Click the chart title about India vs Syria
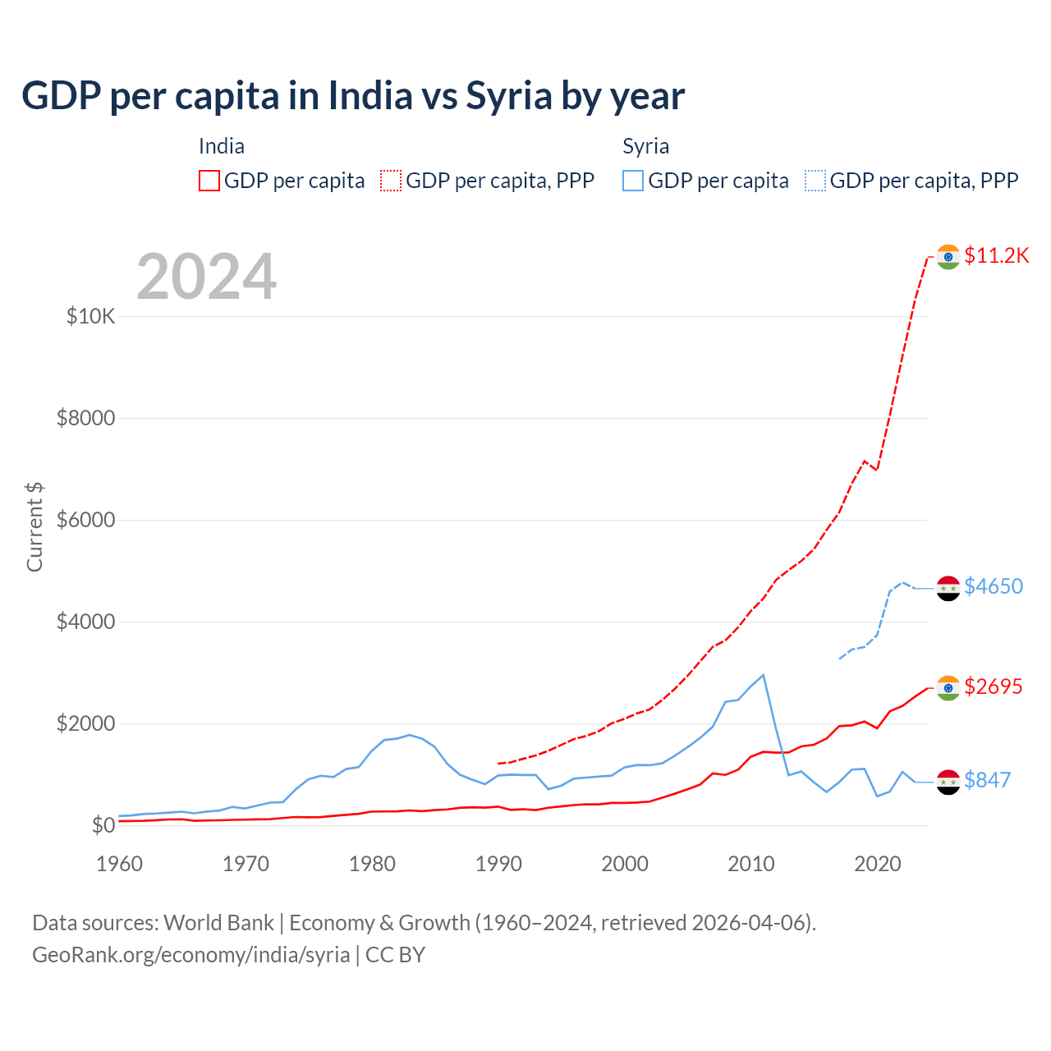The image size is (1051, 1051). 353,96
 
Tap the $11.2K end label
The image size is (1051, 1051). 996,255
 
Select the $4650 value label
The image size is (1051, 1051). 994,586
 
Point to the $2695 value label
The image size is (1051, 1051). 994,686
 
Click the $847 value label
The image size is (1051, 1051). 987,780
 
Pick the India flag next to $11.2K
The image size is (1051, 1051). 948,256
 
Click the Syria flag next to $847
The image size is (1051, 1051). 948,782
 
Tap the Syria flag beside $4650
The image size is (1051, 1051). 948,588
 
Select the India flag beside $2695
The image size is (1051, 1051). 948,688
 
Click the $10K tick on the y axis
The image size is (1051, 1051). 90,316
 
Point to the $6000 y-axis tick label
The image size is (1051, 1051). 85,520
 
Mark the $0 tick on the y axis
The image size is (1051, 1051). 103,825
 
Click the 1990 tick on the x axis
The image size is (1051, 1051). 498,864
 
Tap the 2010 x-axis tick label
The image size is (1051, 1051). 751,864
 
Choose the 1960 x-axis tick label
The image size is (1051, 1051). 120,864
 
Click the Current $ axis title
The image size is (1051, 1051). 34,527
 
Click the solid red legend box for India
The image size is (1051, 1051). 209,181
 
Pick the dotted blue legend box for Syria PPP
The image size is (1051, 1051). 815,181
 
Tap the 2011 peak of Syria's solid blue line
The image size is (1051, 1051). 764,675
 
